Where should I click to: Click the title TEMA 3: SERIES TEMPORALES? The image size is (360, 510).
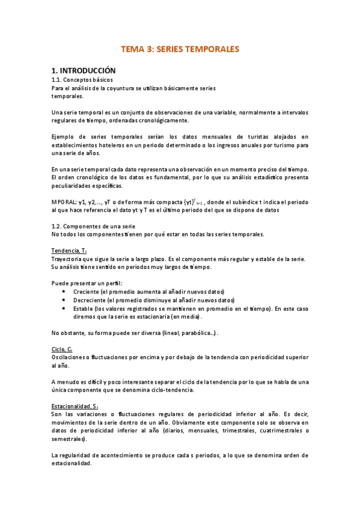(180, 49)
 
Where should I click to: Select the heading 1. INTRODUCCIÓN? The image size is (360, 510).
(82, 70)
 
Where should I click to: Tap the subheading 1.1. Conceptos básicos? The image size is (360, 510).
(82, 79)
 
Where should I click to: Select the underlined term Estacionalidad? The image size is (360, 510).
(71, 406)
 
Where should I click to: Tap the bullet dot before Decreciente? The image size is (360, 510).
(64, 300)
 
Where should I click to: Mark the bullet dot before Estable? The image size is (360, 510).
(64, 308)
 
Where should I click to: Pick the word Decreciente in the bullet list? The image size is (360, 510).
(88, 300)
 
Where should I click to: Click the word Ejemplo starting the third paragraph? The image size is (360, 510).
(65, 137)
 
